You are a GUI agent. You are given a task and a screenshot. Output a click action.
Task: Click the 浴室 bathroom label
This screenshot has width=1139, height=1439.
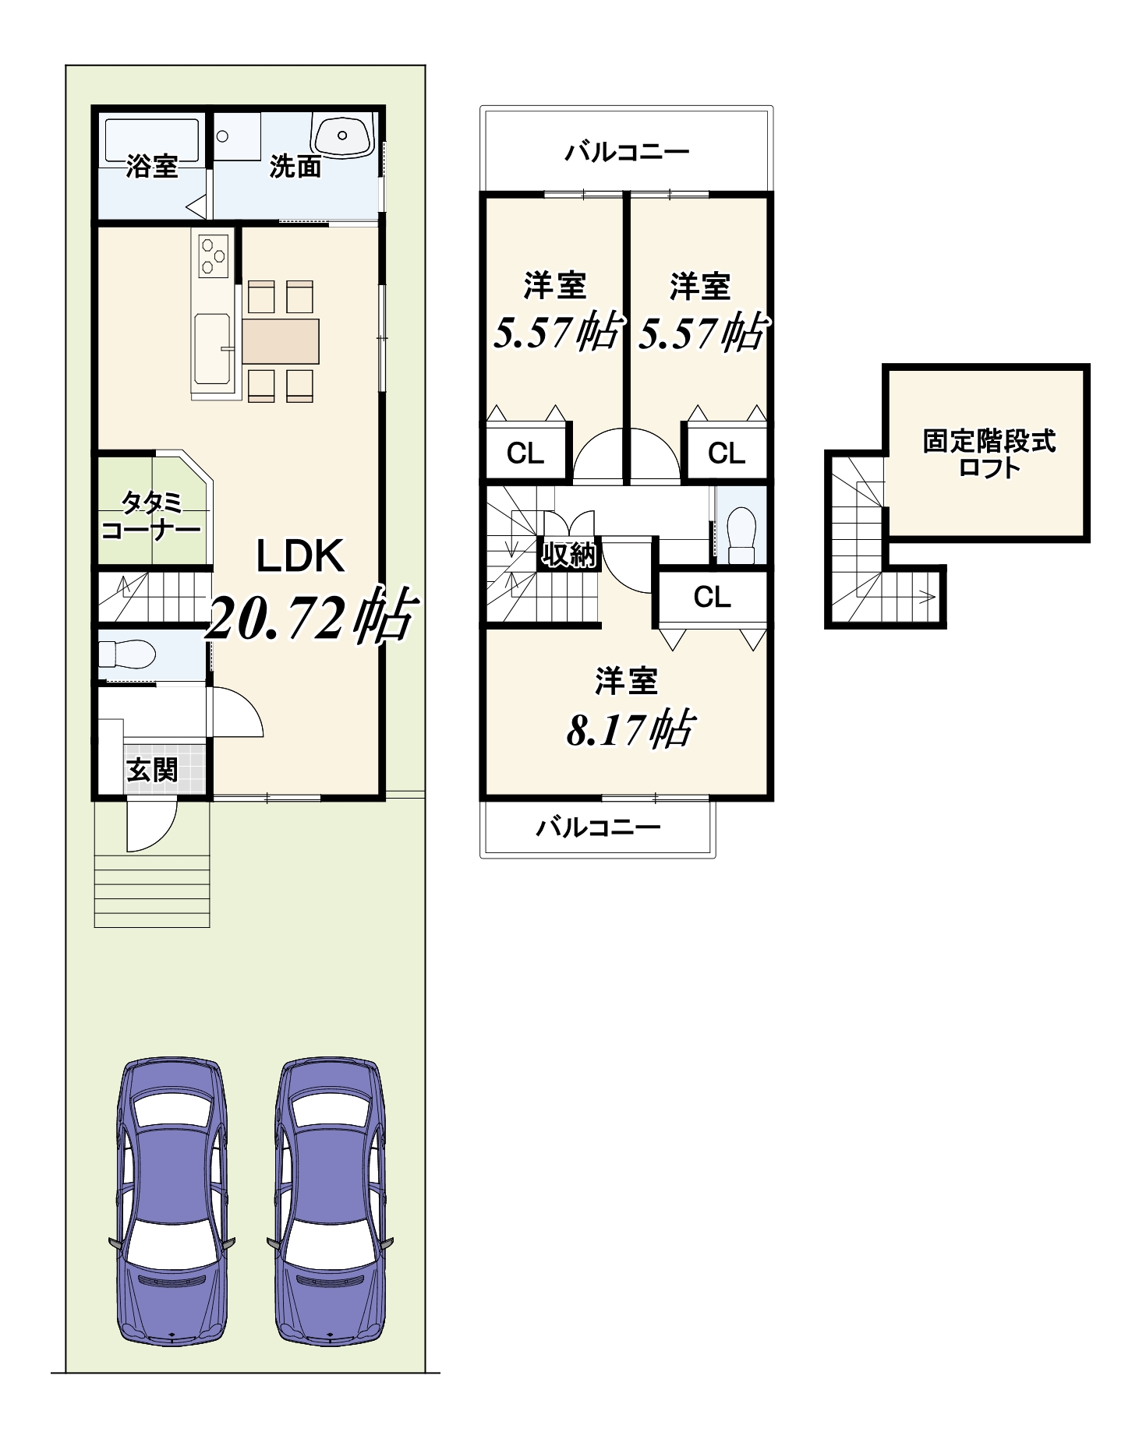(x=152, y=166)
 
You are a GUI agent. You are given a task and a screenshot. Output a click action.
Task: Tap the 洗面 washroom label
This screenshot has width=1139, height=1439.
(x=295, y=166)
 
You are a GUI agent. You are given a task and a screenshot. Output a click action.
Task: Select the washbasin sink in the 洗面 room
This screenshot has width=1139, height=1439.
(x=342, y=135)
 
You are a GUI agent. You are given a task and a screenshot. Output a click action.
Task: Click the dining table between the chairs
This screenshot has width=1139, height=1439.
(x=281, y=341)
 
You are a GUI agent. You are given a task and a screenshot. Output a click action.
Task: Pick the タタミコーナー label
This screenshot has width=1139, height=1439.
(x=151, y=517)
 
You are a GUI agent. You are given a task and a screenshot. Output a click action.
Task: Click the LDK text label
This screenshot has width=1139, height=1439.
(x=300, y=556)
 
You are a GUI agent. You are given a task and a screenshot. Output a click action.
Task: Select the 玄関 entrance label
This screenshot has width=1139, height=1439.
(x=153, y=771)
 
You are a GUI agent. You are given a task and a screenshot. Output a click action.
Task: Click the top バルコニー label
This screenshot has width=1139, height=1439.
(x=627, y=151)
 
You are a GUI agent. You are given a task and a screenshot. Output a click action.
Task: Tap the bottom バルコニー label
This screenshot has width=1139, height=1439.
(x=598, y=827)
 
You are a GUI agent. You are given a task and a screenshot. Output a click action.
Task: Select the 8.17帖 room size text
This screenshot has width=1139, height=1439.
(x=630, y=729)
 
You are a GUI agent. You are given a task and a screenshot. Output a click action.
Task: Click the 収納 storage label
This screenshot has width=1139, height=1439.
(x=570, y=555)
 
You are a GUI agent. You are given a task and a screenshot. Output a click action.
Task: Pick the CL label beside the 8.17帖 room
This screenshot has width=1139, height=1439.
(x=713, y=598)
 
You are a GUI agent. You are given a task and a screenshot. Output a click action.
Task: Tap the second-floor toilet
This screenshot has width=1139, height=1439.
(x=741, y=535)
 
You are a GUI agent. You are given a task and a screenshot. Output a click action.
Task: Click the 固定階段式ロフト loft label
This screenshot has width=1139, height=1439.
(x=989, y=454)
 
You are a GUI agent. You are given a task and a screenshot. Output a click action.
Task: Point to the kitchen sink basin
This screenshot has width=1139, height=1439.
(x=212, y=349)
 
